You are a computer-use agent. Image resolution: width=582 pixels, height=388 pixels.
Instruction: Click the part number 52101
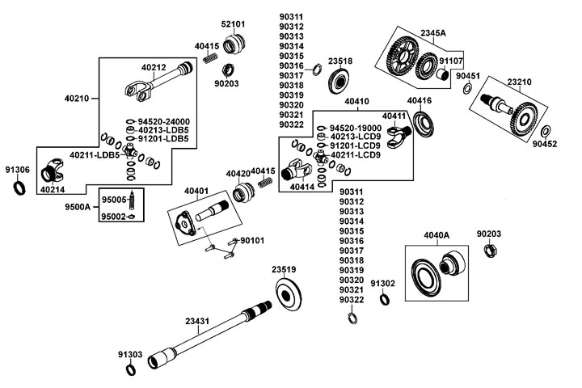click(x=233, y=25)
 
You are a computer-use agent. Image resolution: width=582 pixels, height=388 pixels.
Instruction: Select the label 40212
click(x=154, y=68)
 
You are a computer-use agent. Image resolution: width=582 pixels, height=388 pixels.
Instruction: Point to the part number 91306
click(x=17, y=170)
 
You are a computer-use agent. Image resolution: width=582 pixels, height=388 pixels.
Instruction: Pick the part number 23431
click(x=197, y=321)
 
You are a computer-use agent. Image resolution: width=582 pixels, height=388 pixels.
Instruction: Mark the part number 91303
click(x=129, y=354)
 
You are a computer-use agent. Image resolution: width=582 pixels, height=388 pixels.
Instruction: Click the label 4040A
click(x=436, y=235)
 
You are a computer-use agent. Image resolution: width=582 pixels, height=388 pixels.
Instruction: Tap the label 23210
click(x=520, y=82)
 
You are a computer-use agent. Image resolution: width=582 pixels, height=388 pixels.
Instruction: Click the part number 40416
click(x=419, y=100)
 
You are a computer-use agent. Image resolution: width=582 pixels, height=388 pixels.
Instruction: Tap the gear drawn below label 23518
click(x=339, y=82)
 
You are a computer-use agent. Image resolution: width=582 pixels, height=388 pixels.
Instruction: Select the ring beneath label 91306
click(x=18, y=188)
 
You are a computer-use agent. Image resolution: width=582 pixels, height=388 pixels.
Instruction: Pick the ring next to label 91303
click(x=130, y=370)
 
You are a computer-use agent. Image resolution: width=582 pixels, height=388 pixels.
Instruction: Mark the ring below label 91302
click(x=383, y=301)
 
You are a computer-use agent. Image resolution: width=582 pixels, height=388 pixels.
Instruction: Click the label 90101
click(x=252, y=240)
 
